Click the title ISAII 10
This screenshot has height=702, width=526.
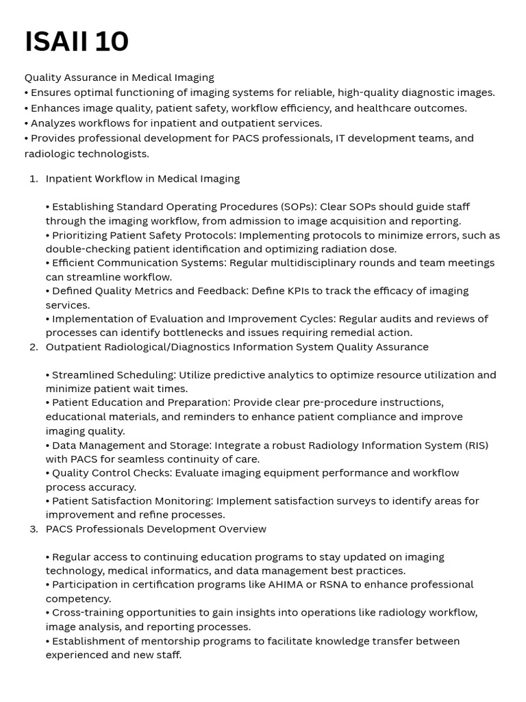click(77, 43)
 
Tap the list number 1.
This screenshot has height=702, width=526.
click(34, 179)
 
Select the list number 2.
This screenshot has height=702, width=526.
click(34, 347)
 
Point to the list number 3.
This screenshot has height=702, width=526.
click(34, 529)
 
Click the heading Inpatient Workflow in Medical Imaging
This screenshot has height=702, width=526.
click(142, 179)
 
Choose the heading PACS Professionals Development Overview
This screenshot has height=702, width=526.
click(155, 529)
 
